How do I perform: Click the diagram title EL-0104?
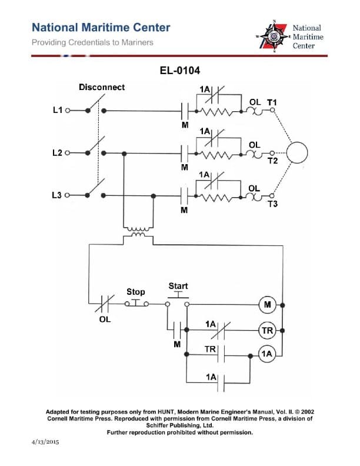click(x=180, y=71)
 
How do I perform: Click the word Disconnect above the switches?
click(x=102, y=87)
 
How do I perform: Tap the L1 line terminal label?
click(x=58, y=110)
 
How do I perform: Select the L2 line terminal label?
click(x=58, y=153)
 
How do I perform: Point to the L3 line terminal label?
click(x=58, y=195)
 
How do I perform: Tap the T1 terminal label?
click(x=272, y=102)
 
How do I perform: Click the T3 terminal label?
click(x=272, y=204)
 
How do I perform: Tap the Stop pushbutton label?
click(x=136, y=292)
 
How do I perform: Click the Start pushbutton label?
click(x=178, y=287)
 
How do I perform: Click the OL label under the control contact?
click(x=104, y=319)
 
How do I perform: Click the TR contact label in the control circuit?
click(x=209, y=349)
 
